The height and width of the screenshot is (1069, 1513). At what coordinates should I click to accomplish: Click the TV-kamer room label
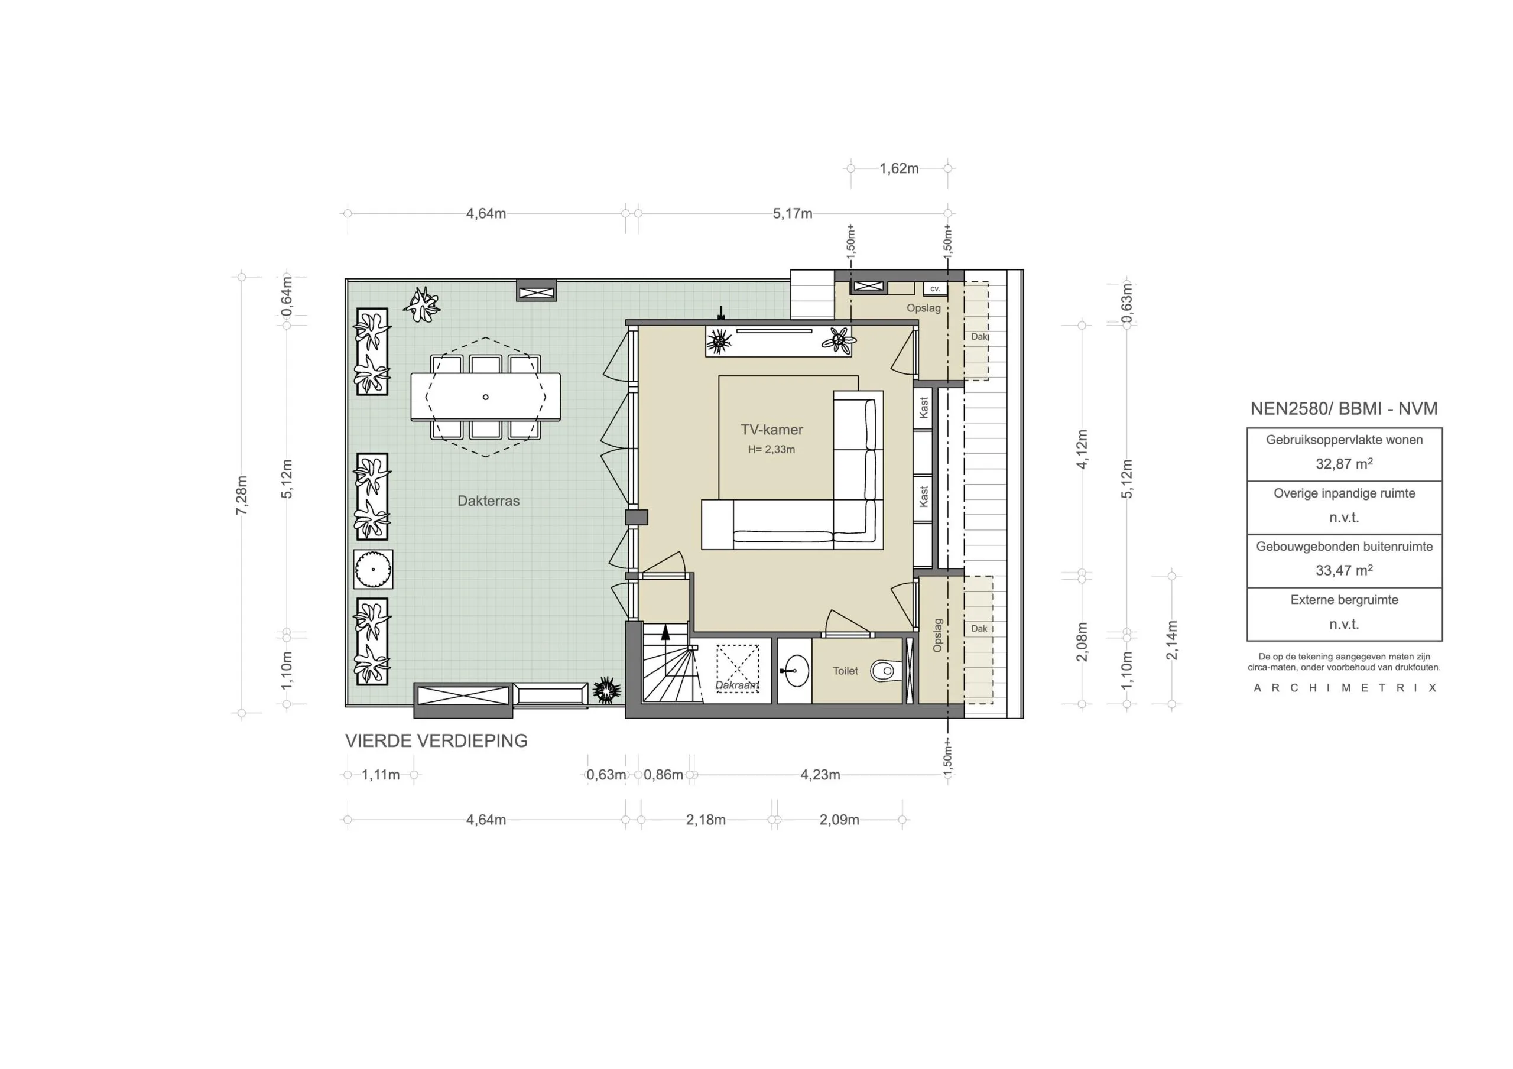772,430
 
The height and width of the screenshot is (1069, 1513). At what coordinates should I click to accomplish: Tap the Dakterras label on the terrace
488,501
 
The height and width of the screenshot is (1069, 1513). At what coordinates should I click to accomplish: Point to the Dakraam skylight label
737,685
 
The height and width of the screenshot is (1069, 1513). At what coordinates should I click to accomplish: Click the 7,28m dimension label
242,495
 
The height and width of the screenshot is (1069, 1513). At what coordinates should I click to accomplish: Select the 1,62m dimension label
899,169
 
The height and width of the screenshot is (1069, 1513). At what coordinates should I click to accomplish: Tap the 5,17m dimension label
792,213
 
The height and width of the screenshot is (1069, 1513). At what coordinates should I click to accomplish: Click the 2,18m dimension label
706,820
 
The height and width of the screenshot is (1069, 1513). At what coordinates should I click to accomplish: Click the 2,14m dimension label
1171,640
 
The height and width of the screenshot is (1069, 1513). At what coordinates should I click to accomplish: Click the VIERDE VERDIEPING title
436,741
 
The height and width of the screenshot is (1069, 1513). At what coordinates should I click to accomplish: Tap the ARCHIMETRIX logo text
1345,688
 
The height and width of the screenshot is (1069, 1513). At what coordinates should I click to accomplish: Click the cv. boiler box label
935,288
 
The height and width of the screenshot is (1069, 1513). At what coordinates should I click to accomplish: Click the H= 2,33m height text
771,450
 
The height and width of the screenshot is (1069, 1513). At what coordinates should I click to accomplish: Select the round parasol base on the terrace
373,568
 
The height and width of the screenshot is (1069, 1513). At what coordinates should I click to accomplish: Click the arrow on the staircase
665,633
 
